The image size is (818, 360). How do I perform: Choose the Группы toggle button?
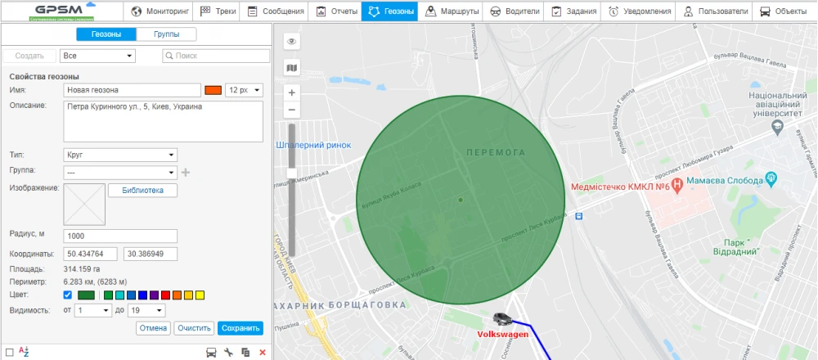pyautogui.click(x=167, y=34)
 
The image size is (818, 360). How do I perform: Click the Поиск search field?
pyautogui.click(x=217, y=56)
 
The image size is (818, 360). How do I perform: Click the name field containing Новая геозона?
pyautogui.click(x=133, y=90)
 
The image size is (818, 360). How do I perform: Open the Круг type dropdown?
pyautogui.click(x=119, y=155)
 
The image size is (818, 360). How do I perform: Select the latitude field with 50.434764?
pyautogui.click(x=92, y=254)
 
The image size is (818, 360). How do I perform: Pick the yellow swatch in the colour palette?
pyautogui.click(x=200, y=295)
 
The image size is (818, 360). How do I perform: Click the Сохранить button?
pyautogui.click(x=240, y=328)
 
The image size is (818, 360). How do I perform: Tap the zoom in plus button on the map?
pyautogui.click(x=292, y=92)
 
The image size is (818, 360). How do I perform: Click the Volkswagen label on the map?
pyautogui.click(x=503, y=334)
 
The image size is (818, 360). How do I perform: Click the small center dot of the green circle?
pyautogui.click(x=461, y=200)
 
